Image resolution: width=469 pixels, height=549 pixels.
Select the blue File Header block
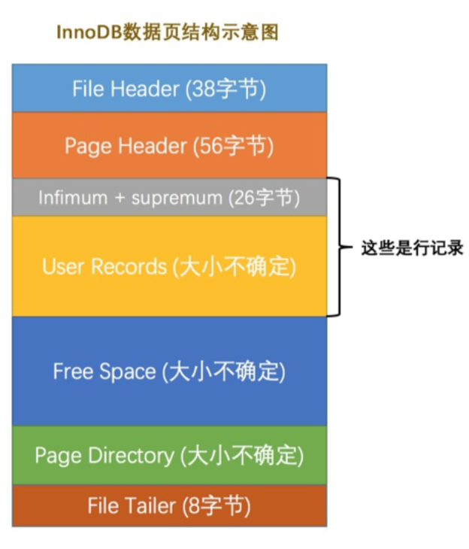[x=169, y=88]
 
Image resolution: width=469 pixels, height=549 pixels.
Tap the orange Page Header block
[x=169, y=145]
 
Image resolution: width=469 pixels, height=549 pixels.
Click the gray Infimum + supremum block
[x=169, y=198]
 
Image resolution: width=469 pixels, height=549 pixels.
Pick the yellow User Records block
[x=169, y=266]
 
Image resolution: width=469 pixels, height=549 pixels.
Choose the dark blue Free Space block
[x=169, y=371]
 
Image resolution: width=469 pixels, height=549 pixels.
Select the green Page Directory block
[x=169, y=455]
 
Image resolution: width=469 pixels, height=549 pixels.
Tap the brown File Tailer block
[x=169, y=505]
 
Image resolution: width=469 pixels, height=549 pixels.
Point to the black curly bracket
[x=336, y=247]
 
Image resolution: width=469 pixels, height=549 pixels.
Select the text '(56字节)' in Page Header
[x=233, y=146]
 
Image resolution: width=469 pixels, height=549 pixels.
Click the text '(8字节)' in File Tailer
[x=216, y=505]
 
